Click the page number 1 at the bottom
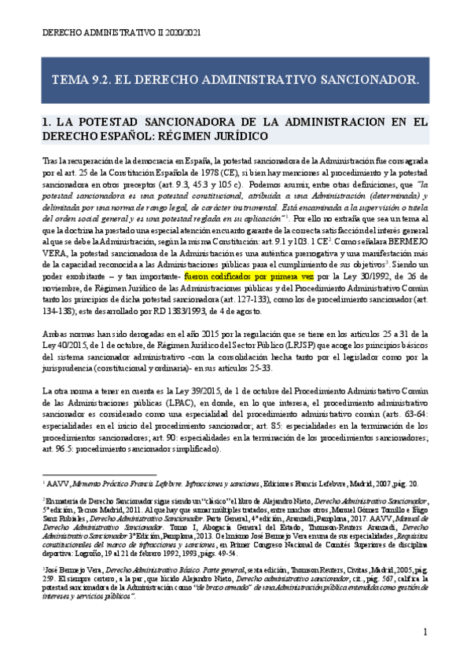pyautogui.click(x=425, y=631)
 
